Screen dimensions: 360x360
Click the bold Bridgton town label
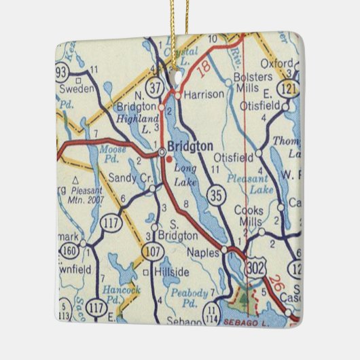point(190,146)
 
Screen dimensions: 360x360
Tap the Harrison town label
point(204,95)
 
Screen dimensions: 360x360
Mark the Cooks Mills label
point(249,216)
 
